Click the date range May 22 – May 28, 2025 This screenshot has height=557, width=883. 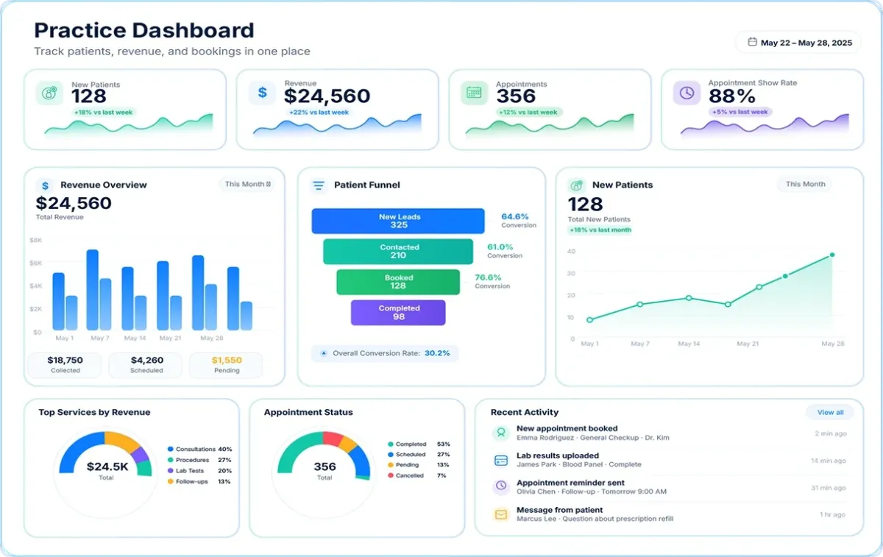coord(806,43)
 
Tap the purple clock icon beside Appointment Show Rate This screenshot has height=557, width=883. coord(687,93)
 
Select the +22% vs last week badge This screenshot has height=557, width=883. coord(319,113)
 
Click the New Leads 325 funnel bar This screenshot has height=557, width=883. coord(398,221)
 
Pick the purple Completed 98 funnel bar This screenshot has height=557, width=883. coord(398,313)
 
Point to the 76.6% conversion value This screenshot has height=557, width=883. coord(488,277)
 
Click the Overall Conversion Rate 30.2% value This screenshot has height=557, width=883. coord(437,352)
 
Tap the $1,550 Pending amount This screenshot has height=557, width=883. coord(227,360)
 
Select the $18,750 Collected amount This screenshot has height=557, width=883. coord(65,360)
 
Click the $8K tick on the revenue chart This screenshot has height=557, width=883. coord(35,240)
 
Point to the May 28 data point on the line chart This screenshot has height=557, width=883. coord(832,255)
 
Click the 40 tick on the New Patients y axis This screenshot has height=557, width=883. coord(571,251)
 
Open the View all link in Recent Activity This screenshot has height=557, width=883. coord(830,412)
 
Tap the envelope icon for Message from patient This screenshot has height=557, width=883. coord(501,514)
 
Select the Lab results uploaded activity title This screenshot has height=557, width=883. coord(558,455)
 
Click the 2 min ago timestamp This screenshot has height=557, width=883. coord(831,433)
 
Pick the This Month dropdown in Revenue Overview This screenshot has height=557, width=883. coord(247,184)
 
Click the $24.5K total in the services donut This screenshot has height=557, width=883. coord(107,466)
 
